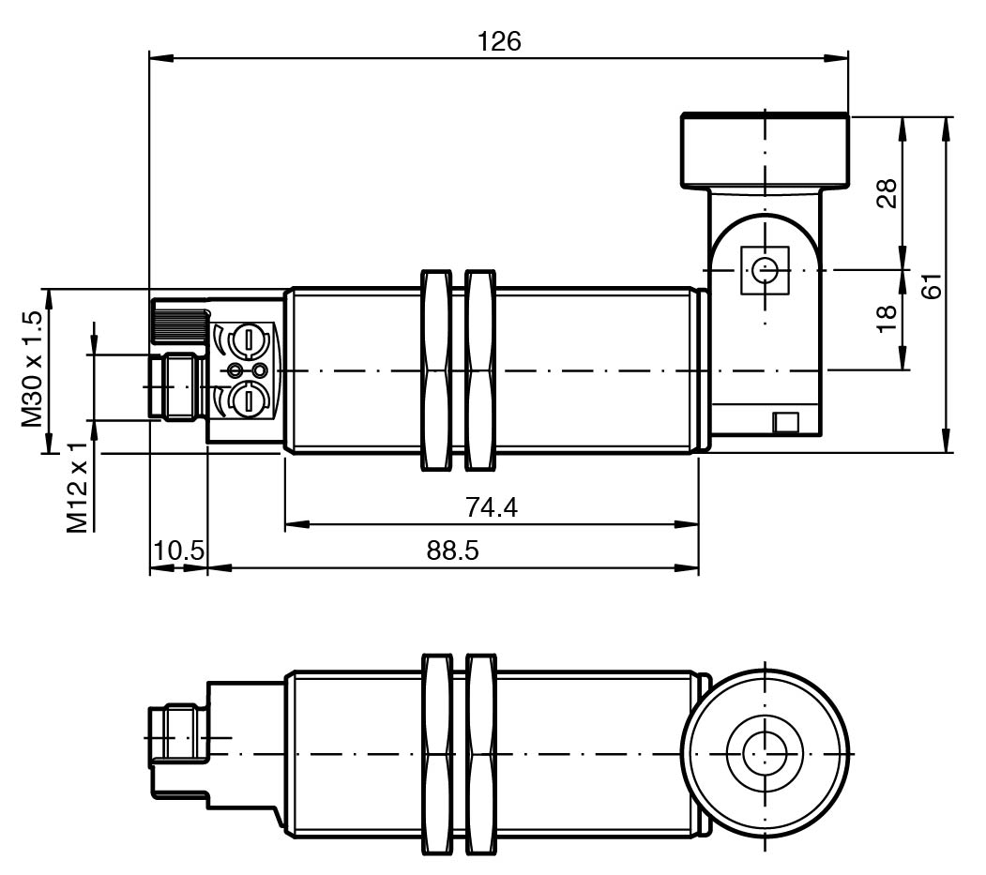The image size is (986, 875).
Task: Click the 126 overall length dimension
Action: tap(498, 42)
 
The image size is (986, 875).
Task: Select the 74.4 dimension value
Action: tap(492, 507)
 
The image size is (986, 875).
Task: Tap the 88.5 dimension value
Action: tap(452, 551)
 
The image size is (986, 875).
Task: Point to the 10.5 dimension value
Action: tap(178, 551)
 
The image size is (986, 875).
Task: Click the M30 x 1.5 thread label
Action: tap(34, 370)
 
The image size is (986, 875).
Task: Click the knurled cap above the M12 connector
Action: tap(178, 322)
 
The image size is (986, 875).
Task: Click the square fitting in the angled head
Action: tap(766, 271)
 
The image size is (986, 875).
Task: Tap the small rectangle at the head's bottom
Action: tap(785, 423)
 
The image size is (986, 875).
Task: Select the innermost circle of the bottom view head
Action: tap(766, 751)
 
